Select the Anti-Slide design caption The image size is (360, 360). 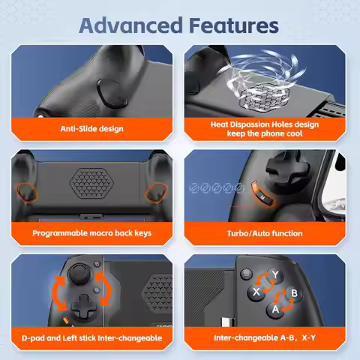pyautogui.click(x=91, y=128)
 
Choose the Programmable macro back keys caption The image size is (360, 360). pyautogui.click(x=91, y=233)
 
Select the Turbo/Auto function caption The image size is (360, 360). pyautogui.click(x=265, y=233)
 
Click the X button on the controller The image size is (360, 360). pyautogui.click(x=257, y=291)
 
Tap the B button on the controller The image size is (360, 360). pyautogui.click(x=293, y=292)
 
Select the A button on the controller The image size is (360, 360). pyautogui.click(x=275, y=308)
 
